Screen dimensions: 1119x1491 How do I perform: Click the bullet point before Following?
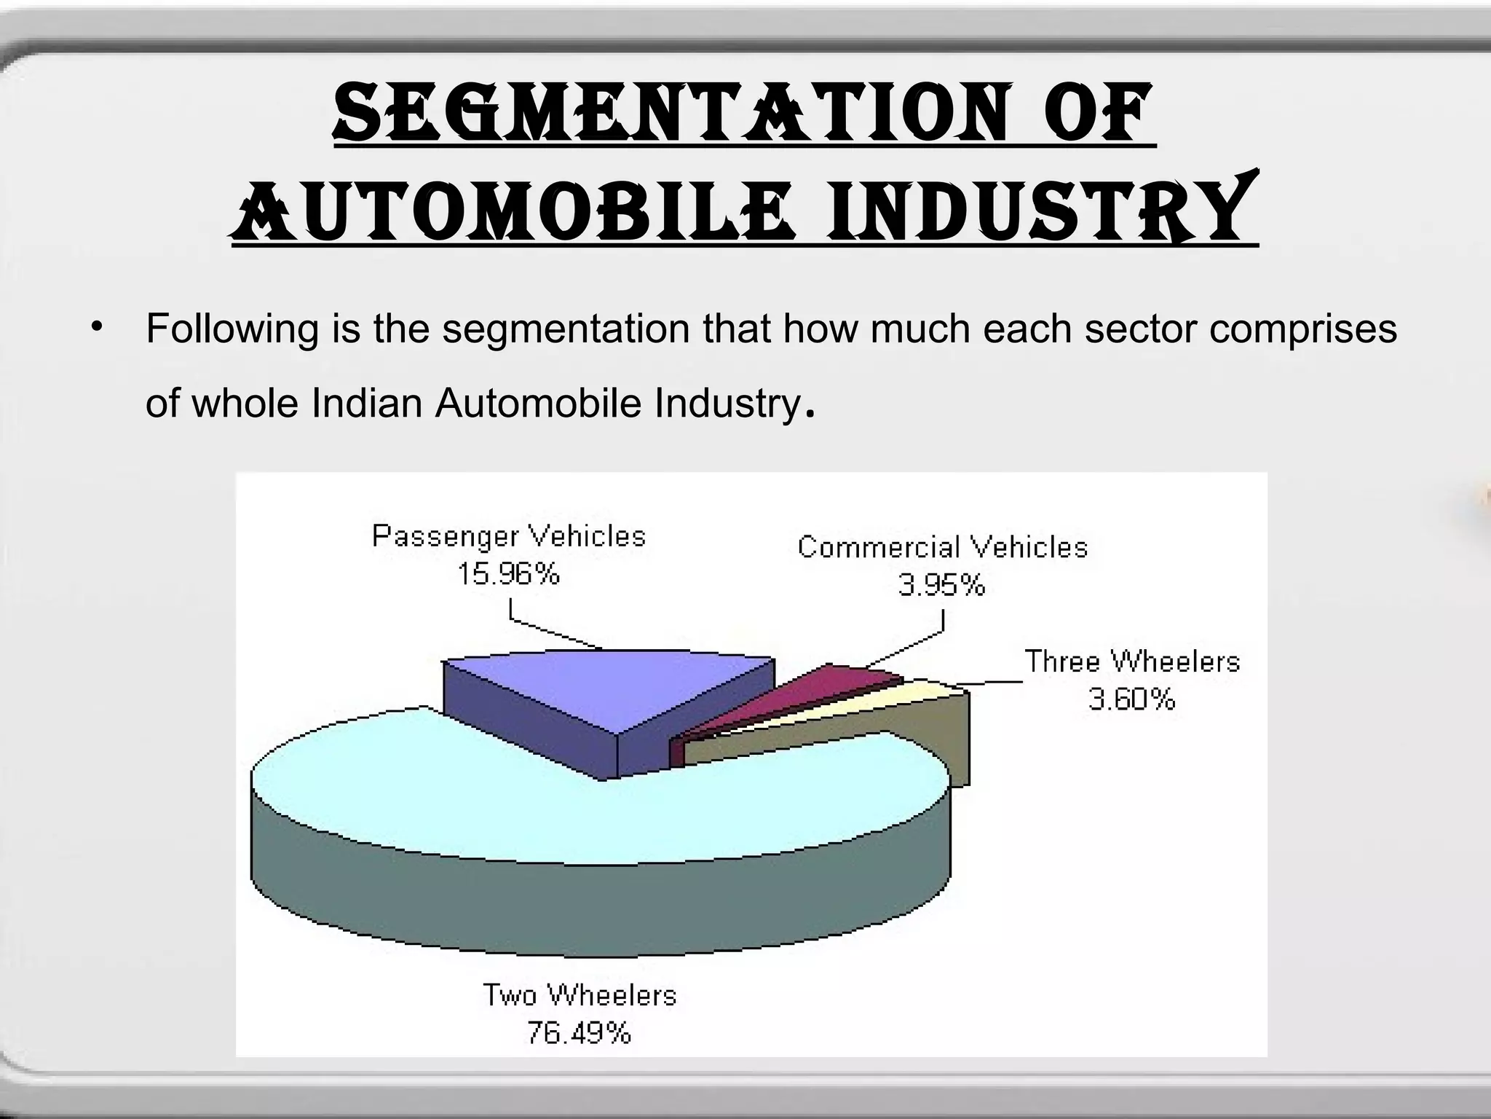pos(95,326)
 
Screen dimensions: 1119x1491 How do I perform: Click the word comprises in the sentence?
pos(1303,329)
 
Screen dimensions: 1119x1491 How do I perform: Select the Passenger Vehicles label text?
pos(509,536)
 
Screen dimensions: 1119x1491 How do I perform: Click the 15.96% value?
pos(508,575)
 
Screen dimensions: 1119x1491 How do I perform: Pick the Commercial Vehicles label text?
pos(942,547)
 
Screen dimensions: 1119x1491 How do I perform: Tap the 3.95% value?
pos(941,585)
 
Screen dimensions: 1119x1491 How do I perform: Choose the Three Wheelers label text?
pos(1131,661)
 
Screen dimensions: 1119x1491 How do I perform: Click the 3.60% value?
pos(1131,699)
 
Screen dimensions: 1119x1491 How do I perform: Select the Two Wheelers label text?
pos(580,995)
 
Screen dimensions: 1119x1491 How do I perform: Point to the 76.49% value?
pos(579,1033)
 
